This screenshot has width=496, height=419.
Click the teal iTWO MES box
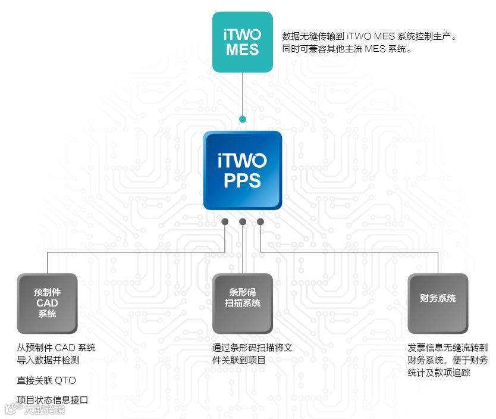pos(243,42)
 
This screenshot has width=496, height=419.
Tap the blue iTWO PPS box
pos(243,170)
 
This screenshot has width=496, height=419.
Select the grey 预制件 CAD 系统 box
pos(47,303)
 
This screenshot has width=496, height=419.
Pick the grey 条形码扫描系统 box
pos(243,303)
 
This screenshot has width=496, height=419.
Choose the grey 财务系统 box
pos(438,303)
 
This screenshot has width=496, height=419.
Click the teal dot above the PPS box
pos(243,119)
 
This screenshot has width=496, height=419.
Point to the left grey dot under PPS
pos(225,222)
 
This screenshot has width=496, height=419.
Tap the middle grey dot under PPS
pos(243,222)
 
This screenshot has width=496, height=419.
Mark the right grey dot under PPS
pos(260,222)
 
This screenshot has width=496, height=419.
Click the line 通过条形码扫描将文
pos(252,348)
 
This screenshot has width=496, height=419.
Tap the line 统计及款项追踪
pos(439,373)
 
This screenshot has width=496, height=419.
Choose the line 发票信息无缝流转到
pos(447,348)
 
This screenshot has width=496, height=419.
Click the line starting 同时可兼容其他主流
pos(347,49)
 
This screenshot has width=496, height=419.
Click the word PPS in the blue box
pos(243,180)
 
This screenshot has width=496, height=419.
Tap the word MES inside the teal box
pos(243,49)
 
